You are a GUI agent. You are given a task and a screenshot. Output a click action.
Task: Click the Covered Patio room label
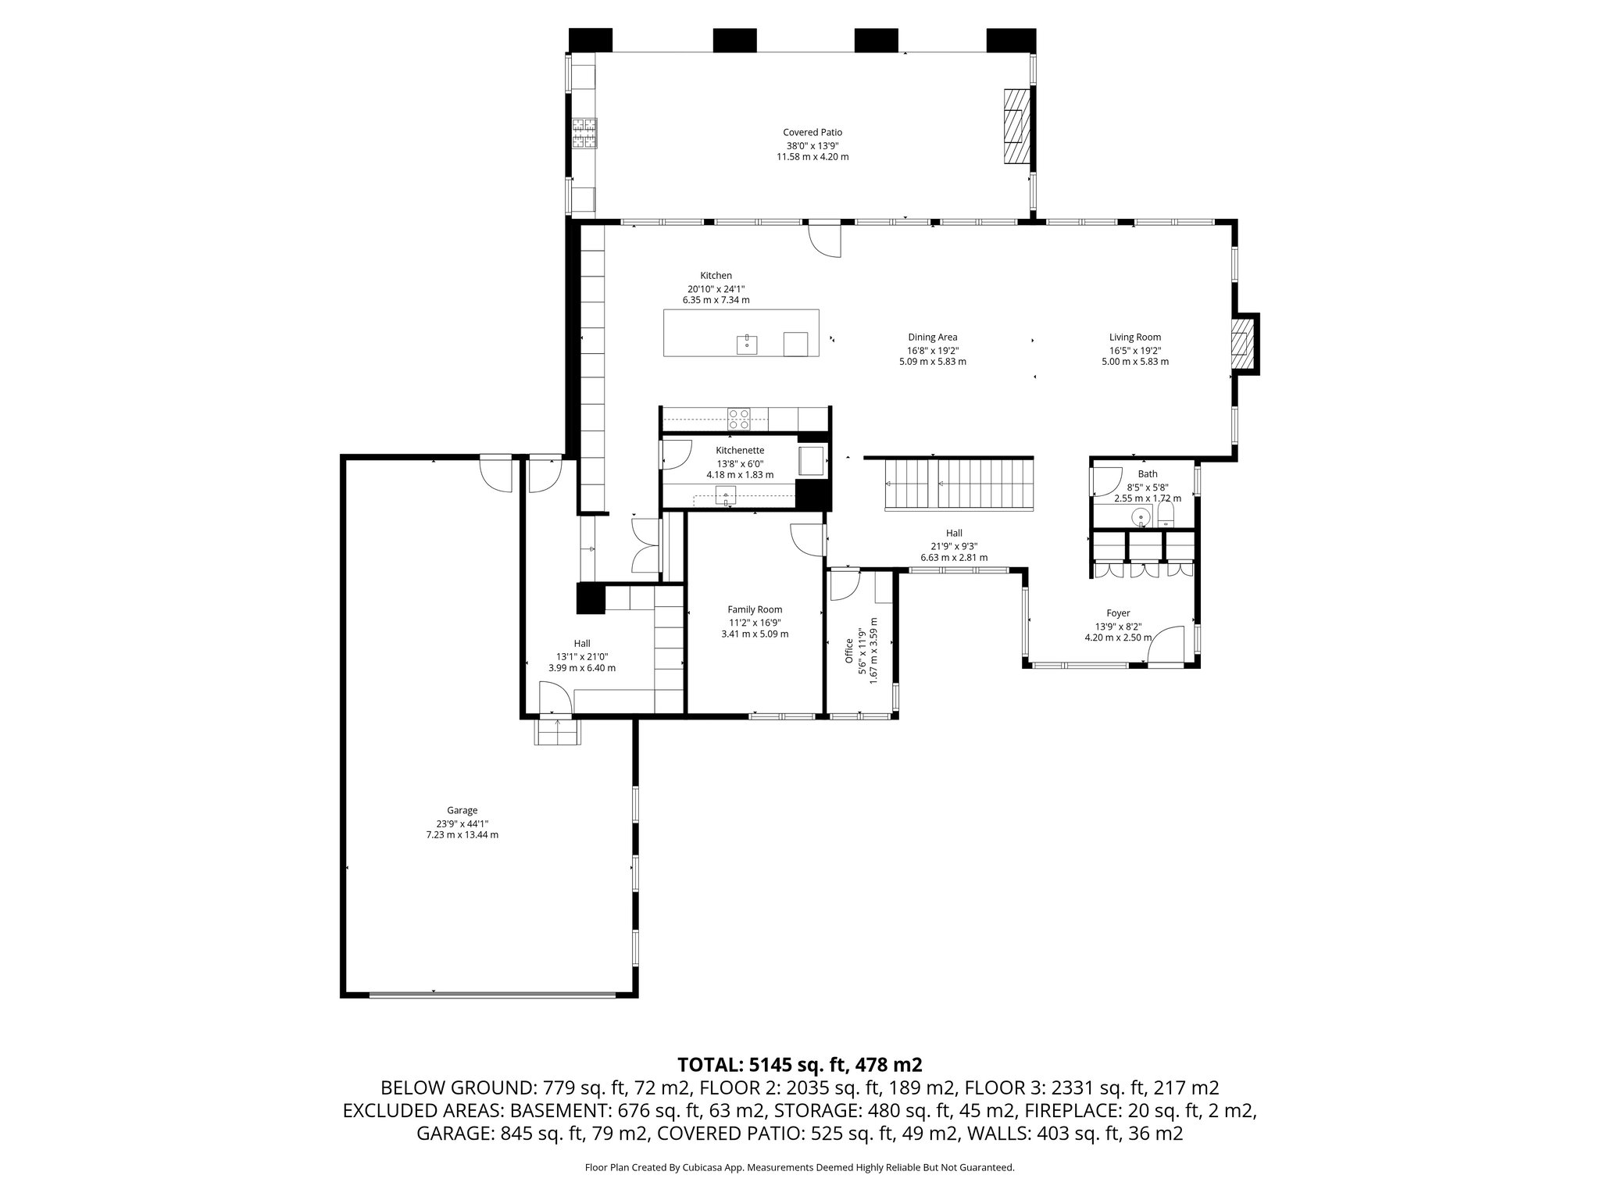pos(812,133)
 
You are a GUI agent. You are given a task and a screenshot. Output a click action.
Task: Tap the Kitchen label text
pos(716,276)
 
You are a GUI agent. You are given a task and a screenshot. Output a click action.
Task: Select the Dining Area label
pos(932,337)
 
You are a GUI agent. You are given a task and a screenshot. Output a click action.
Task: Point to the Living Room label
pos(1135,337)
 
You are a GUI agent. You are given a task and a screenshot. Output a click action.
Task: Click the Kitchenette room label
pos(740,450)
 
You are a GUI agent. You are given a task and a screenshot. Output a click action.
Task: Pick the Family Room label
pos(755,609)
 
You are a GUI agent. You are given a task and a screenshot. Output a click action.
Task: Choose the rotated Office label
pos(849,651)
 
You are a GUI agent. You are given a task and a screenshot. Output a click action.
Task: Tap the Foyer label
pos(1118,613)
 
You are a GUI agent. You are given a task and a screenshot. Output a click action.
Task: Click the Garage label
pos(462,810)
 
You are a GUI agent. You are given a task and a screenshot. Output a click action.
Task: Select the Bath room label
pos(1148,473)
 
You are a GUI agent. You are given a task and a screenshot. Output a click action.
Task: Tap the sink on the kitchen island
pos(747,344)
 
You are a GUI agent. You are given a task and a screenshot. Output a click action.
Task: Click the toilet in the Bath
pos(1166,514)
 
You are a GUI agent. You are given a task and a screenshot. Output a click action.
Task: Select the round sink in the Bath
pos(1142,516)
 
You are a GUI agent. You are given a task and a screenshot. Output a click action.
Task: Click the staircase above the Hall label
pos(959,484)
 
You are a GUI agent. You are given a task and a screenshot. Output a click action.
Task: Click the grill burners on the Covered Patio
pos(583,133)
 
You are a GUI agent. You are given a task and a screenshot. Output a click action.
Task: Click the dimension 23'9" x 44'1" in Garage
pos(462,823)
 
